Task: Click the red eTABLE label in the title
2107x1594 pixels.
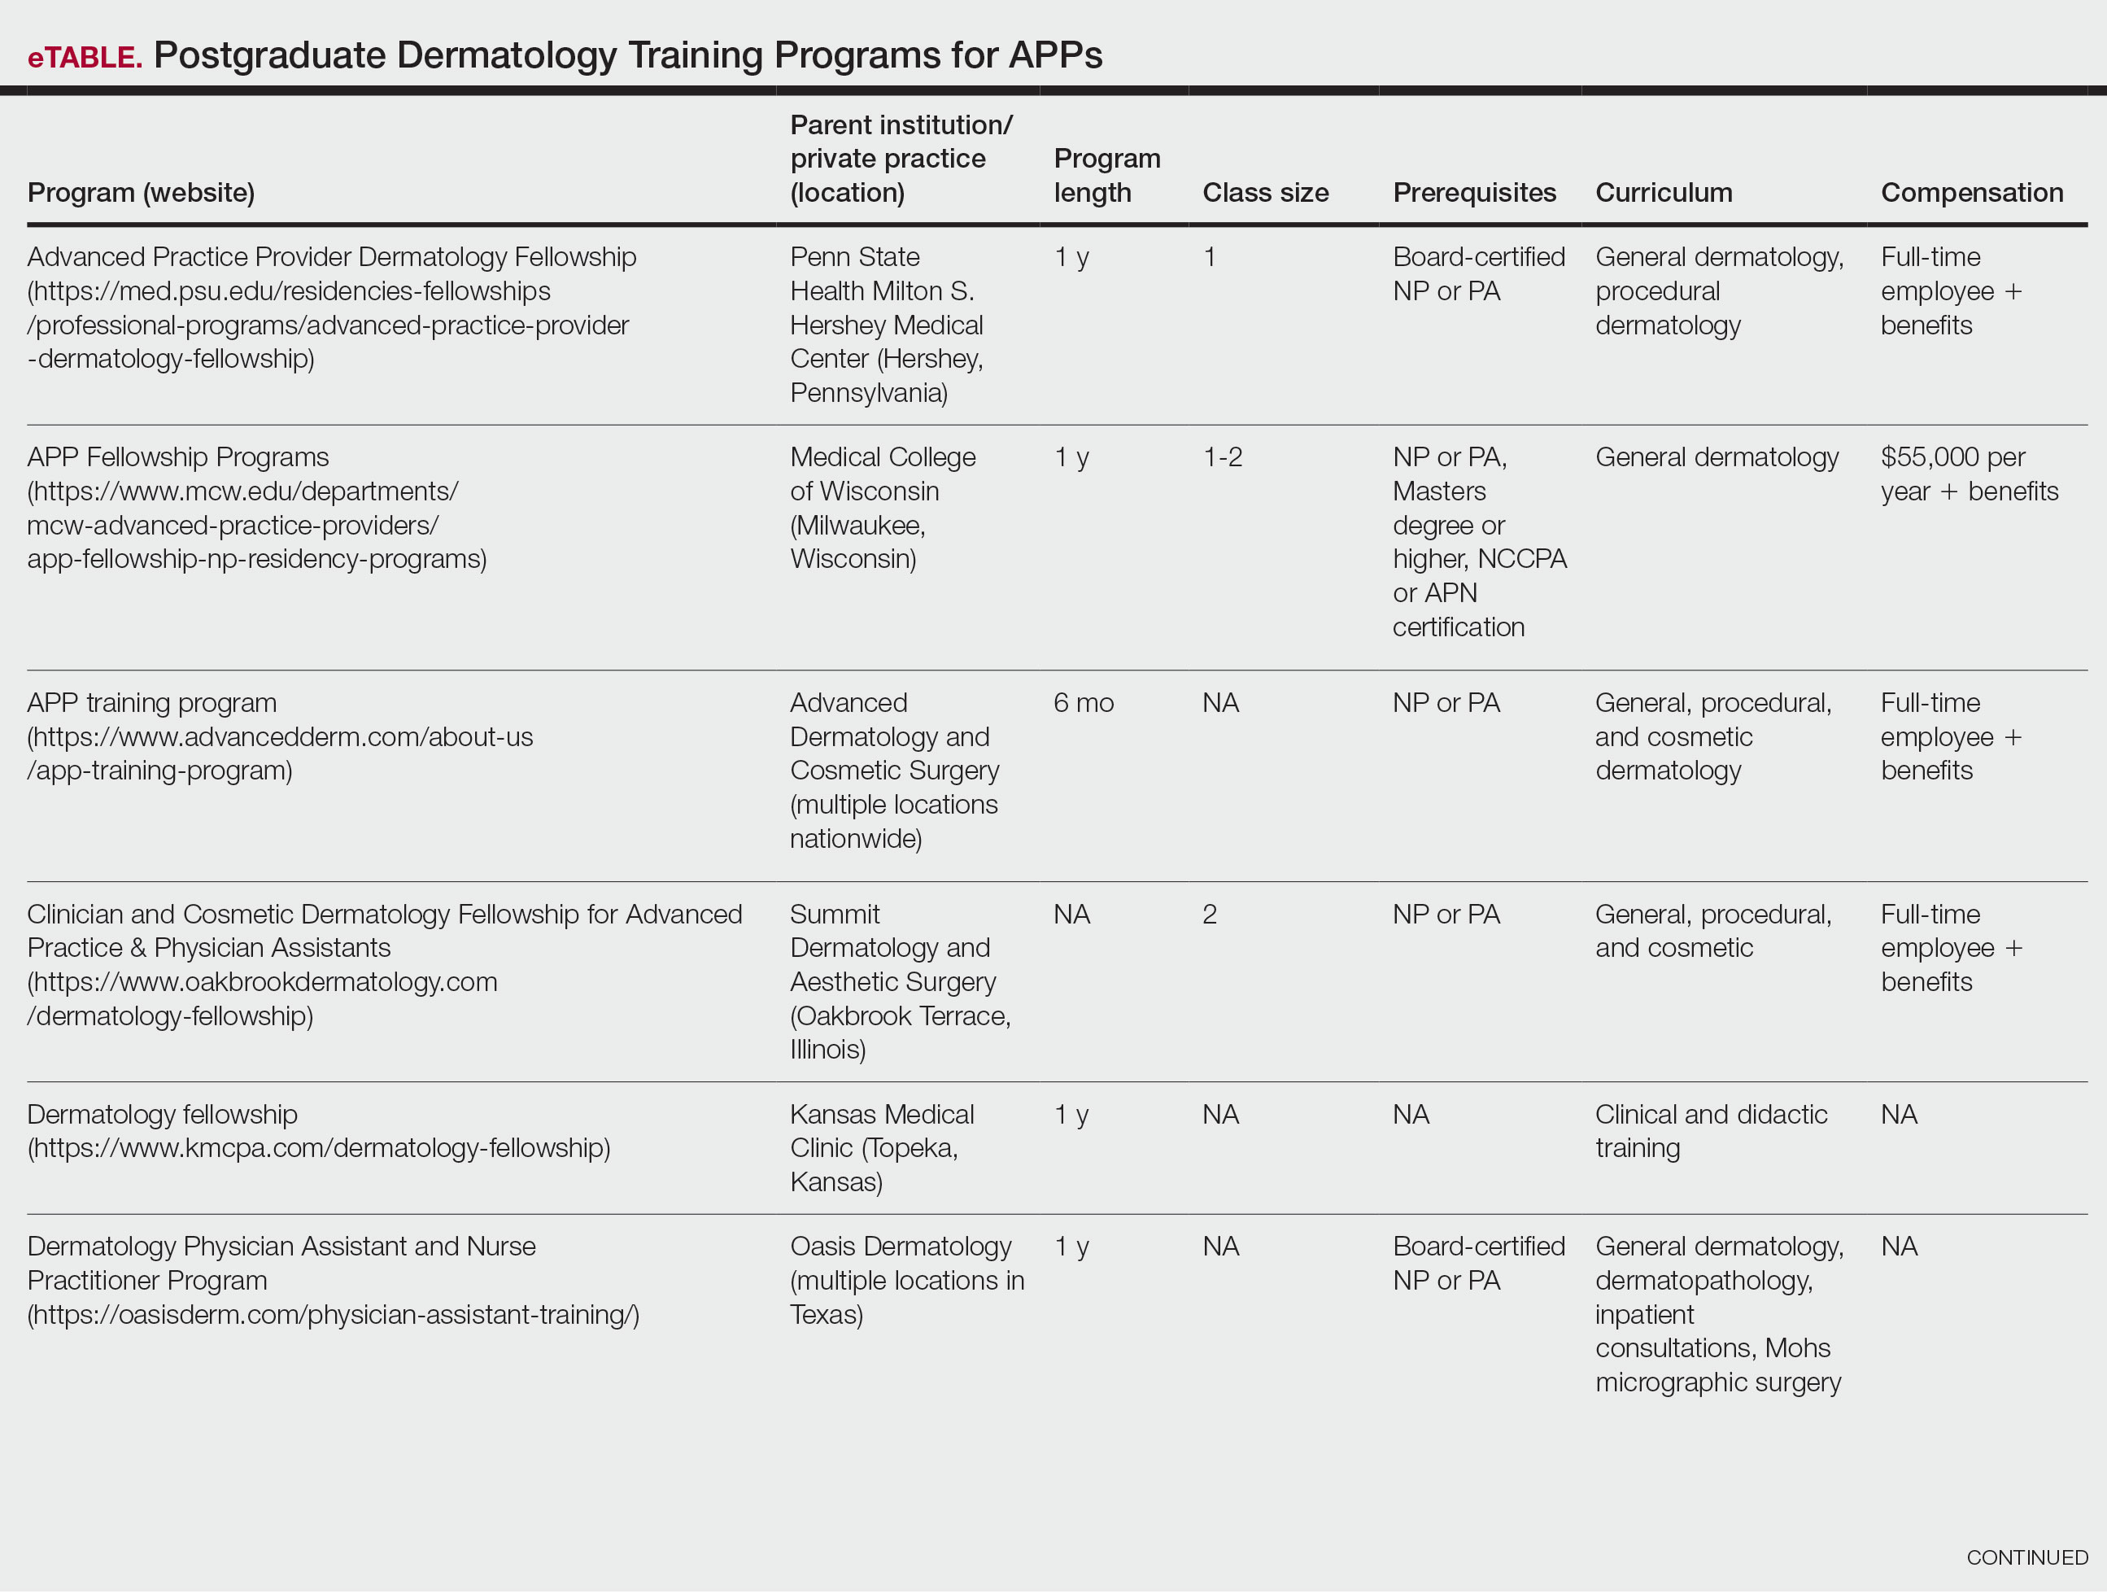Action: pyautogui.click(x=85, y=57)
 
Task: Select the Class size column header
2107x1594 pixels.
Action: pyautogui.click(x=1265, y=193)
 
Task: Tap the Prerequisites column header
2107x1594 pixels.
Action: pyautogui.click(x=1473, y=193)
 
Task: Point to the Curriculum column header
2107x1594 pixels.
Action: pyautogui.click(x=1663, y=193)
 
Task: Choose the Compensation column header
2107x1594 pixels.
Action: pyautogui.click(x=1971, y=193)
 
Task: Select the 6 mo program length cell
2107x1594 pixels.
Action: pyautogui.click(x=1083, y=703)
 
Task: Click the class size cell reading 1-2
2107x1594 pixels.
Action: pyautogui.click(x=1222, y=457)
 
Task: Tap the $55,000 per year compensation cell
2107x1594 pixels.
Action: pyautogui.click(x=1968, y=474)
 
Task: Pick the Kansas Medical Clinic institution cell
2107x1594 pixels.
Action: pyautogui.click(x=882, y=1147)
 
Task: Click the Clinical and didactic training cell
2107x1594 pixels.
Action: pyautogui.click(x=1710, y=1131)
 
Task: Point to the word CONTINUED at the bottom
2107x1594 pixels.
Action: pyautogui.click(x=2026, y=1557)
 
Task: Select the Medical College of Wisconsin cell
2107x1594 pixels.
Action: pyautogui.click(x=882, y=508)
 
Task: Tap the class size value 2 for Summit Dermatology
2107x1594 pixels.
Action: pyautogui.click(x=1210, y=915)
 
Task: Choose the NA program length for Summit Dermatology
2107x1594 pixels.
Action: pyautogui.click(x=1071, y=915)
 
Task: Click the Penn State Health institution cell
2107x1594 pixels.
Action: pyautogui.click(x=886, y=324)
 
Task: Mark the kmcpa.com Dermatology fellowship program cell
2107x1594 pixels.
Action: pyautogui.click(x=318, y=1131)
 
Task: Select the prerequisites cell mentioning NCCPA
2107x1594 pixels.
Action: pyautogui.click(x=1477, y=541)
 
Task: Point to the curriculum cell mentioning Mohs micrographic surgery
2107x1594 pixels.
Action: pyautogui.click(x=1718, y=1314)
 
